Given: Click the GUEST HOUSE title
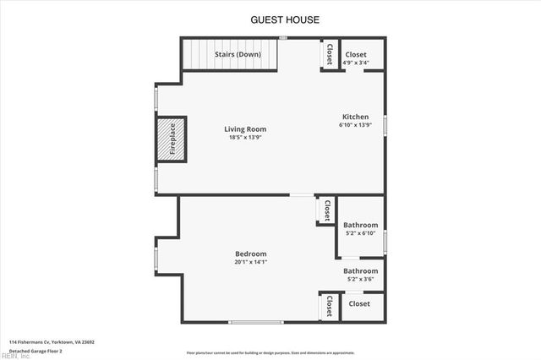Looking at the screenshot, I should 285,19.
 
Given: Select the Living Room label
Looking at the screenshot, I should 245,129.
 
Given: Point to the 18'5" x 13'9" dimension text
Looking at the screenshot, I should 245,138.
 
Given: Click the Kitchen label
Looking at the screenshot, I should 355,117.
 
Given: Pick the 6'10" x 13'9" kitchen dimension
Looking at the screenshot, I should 355,125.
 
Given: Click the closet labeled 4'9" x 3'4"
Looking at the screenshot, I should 354,57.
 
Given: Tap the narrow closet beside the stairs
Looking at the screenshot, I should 329,54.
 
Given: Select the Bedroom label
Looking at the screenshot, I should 251,254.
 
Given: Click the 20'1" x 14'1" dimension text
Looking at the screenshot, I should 251,262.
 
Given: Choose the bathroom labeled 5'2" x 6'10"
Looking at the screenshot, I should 360,229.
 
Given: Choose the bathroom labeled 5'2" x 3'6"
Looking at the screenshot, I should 360,275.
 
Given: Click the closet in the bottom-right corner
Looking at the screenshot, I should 360,303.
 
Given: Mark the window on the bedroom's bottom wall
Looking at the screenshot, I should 256,322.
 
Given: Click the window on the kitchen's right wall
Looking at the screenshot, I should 385,125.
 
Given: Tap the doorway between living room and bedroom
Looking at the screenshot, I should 300,195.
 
